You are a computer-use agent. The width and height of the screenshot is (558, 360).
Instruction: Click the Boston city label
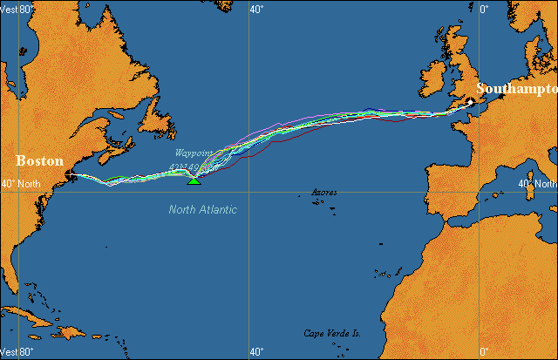click(x=40, y=161)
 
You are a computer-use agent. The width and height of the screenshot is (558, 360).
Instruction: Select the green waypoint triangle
click(x=194, y=180)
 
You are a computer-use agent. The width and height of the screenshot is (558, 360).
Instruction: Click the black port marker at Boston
click(x=70, y=175)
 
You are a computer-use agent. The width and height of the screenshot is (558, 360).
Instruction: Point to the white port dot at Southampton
click(x=470, y=103)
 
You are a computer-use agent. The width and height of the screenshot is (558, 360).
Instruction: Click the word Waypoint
click(x=194, y=153)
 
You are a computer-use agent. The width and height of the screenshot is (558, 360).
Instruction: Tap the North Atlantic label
click(x=202, y=210)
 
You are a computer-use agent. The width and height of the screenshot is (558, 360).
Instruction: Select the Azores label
click(x=324, y=192)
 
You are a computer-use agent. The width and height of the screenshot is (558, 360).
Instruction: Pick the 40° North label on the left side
click(x=19, y=184)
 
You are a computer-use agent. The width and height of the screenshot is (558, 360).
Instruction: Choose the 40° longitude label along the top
click(x=256, y=9)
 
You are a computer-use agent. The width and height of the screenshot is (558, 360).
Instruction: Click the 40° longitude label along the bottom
click(x=256, y=352)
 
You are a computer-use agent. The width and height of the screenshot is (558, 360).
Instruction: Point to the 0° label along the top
click(x=485, y=9)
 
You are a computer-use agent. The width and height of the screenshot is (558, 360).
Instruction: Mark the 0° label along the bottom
click(x=485, y=352)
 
